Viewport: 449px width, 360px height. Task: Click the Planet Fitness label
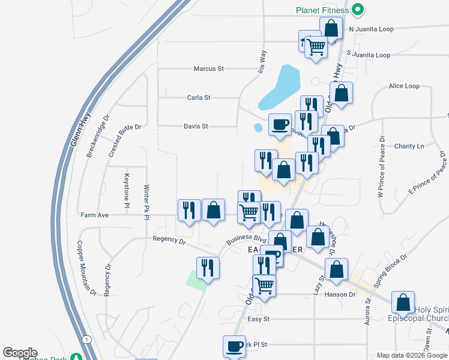click(322, 10)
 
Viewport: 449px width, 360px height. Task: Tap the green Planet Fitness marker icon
click(358, 10)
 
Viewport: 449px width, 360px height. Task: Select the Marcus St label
click(208, 69)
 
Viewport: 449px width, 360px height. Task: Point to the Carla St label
click(199, 97)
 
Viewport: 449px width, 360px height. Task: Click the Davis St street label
click(196, 127)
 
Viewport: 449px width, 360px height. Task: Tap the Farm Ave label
click(94, 215)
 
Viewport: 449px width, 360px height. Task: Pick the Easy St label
click(259, 319)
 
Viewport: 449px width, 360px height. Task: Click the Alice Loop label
click(404, 86)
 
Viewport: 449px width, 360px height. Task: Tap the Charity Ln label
click(409, 146)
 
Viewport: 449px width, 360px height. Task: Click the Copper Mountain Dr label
click(86, 269)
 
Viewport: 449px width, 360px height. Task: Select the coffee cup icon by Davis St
click(280, 124)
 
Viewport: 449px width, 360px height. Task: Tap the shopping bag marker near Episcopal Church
click(403, 302)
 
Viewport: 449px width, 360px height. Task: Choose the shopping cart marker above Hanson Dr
click(264, 285)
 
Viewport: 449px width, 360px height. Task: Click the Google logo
click(20, 353)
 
